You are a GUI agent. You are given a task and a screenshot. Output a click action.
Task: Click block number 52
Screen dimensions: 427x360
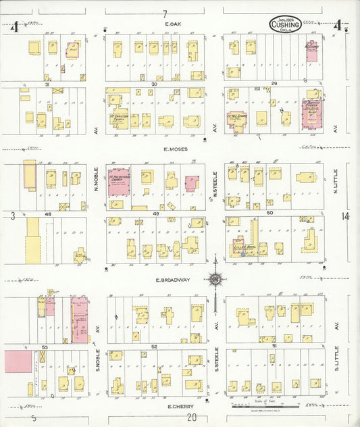click(x=154, y=346)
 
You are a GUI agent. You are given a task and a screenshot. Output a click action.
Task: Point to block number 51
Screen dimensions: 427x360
click(x=274, y=345)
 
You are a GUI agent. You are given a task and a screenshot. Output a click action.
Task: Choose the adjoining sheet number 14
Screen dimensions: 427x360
click(x=346, y=216)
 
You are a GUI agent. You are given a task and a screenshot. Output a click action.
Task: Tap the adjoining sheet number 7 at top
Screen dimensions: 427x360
click(x=164, y=13)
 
